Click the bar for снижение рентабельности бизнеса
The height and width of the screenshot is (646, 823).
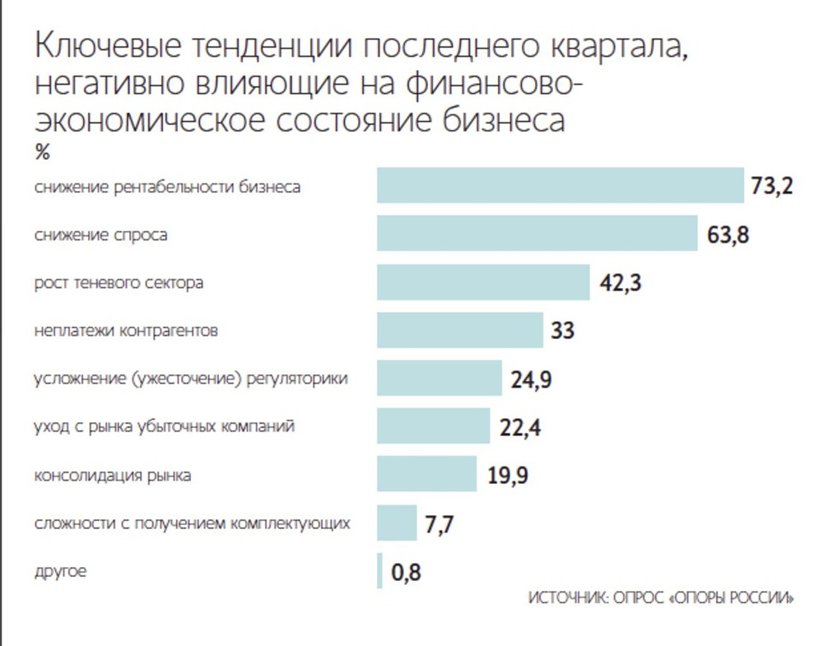[560, 186]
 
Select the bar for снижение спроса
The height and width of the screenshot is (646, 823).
[537, 234]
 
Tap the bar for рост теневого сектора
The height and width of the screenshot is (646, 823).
[483, 282]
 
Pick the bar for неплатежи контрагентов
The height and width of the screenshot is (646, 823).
[460, 330]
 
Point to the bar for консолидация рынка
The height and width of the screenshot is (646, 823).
[426, 475]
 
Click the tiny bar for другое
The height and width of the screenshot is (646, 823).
[380, 571]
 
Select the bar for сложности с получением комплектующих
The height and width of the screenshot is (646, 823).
[397, 523]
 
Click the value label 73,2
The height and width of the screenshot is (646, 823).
[771, 187]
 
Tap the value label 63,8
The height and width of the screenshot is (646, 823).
[728, 235]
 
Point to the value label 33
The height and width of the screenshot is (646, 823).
[562, 331]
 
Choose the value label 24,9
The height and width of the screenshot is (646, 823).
[532, 379]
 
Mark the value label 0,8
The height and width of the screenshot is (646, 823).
[406, 572]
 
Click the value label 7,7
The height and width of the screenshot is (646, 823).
[440, 524]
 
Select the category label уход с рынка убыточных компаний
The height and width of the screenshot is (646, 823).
[164, 427]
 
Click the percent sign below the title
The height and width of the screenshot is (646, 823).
[43, 153]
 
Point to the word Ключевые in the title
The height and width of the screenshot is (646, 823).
[107, 48]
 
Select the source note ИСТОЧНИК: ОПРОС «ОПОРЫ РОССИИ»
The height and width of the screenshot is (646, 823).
[661, 598]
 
